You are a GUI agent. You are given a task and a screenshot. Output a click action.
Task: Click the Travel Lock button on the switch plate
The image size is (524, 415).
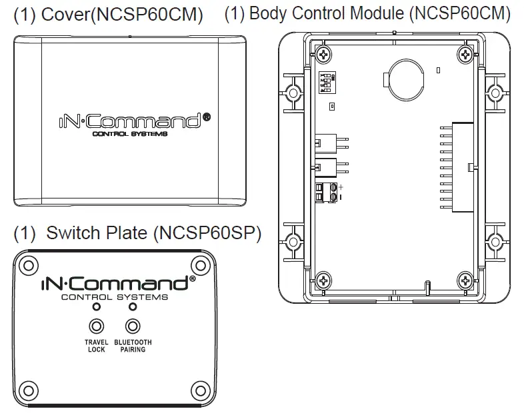(97, 326)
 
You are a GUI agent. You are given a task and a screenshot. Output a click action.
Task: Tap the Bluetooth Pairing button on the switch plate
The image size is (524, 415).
(133, 326)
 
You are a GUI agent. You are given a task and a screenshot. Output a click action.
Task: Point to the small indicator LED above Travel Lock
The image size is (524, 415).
(97, 307)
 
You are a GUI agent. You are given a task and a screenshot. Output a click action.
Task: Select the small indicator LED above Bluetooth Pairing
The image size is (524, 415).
(133, 307)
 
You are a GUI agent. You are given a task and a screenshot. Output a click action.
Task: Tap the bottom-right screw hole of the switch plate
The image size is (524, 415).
(198, 390)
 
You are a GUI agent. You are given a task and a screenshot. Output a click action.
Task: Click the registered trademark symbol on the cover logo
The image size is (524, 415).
(206, 117)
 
